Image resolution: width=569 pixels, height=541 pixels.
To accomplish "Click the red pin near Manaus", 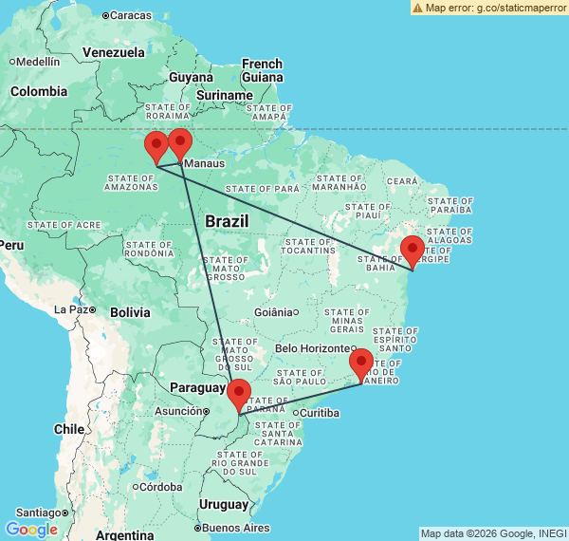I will pos(179,144).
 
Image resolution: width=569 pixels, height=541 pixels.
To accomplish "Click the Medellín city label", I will pos(38,61).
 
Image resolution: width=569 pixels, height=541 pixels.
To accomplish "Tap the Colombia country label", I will pos(39,92).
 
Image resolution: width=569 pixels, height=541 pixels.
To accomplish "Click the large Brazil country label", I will pos(227,220).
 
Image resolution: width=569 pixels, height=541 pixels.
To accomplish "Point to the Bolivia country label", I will pos(130,312).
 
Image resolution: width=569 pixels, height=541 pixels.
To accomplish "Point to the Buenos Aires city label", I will pos(235,528).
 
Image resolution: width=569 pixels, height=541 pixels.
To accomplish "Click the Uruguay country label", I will pos(224,504).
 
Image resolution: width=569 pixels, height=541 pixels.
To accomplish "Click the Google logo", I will pos(31,529).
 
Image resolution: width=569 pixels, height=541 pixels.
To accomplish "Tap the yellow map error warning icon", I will pos(418,7).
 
